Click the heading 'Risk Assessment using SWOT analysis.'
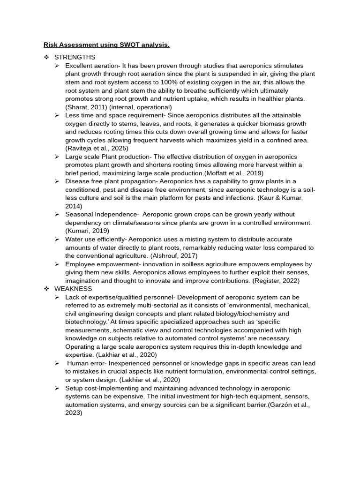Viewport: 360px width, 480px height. click(106, 45)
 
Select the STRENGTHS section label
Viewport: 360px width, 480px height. click(75, 57)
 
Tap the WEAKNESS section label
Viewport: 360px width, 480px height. click(73, 289)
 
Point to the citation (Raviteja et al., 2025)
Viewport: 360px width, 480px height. click(97, 148)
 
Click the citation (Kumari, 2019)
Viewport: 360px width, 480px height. click(87, 231)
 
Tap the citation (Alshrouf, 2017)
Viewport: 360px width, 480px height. click(174, 255)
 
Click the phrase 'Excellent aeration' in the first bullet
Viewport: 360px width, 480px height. click(92, 66)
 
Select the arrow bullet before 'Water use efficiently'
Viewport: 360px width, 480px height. click(57, 239)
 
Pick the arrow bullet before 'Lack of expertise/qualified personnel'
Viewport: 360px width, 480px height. click(57, 297)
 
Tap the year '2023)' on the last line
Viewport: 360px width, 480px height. click(74, 412)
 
